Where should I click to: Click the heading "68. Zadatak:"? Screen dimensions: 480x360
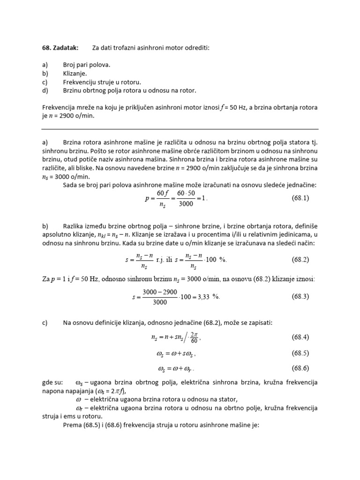tap(60, 48)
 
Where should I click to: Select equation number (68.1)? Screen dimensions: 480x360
tap(300, 198)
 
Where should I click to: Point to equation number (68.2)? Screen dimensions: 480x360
tap(300, 259)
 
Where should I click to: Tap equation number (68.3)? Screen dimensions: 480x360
tap(300, 296)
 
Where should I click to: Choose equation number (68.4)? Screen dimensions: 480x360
tap(300, 337)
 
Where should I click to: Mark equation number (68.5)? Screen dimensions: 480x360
tap(300, 352)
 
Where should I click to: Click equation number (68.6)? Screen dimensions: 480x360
tap(300, 368)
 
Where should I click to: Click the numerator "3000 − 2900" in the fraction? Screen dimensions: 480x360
tap(160, 292)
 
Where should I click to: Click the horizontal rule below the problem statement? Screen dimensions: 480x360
tap(180, 128)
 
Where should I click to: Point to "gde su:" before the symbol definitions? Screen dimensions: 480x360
tap(52, 383)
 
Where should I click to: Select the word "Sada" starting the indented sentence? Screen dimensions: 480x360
tap(71, 185)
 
